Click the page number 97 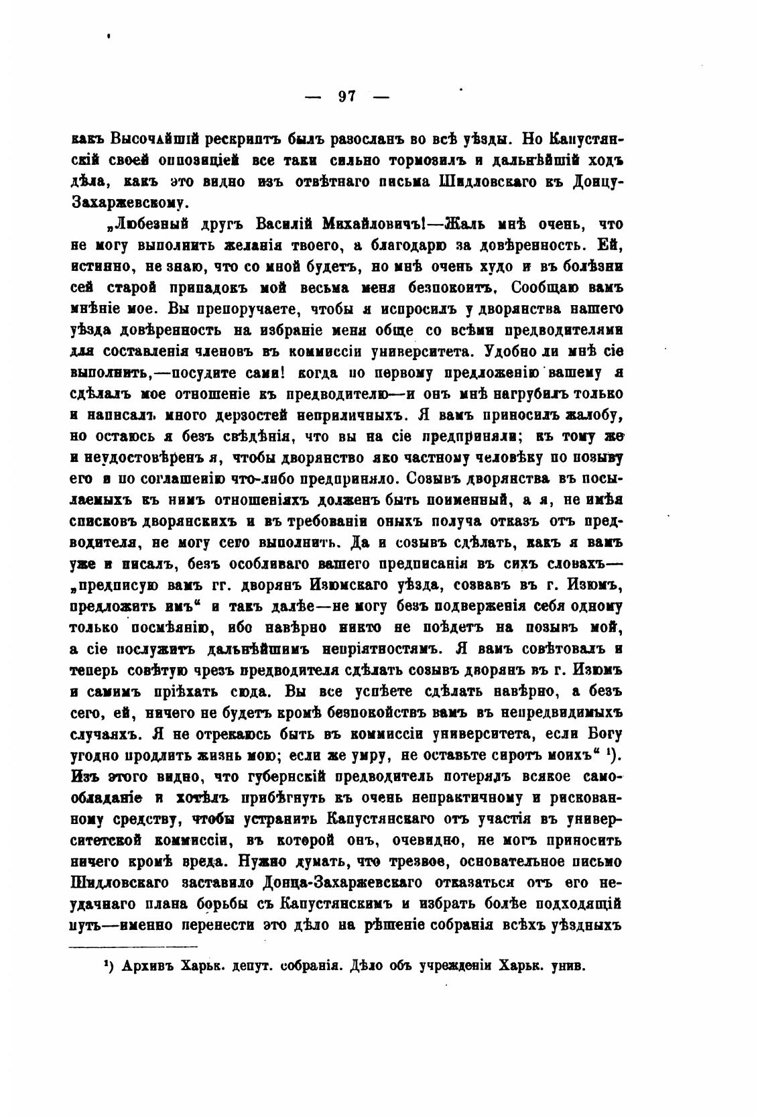pyautogui.click(x=346, y=97)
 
